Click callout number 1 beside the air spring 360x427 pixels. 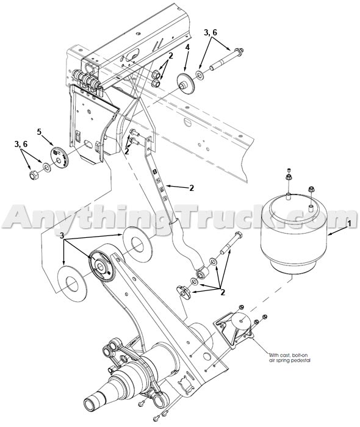349,224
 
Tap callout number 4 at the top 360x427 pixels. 187,47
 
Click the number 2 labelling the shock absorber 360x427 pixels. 191,188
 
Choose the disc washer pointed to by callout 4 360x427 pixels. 181,82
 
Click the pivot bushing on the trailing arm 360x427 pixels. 101,265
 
